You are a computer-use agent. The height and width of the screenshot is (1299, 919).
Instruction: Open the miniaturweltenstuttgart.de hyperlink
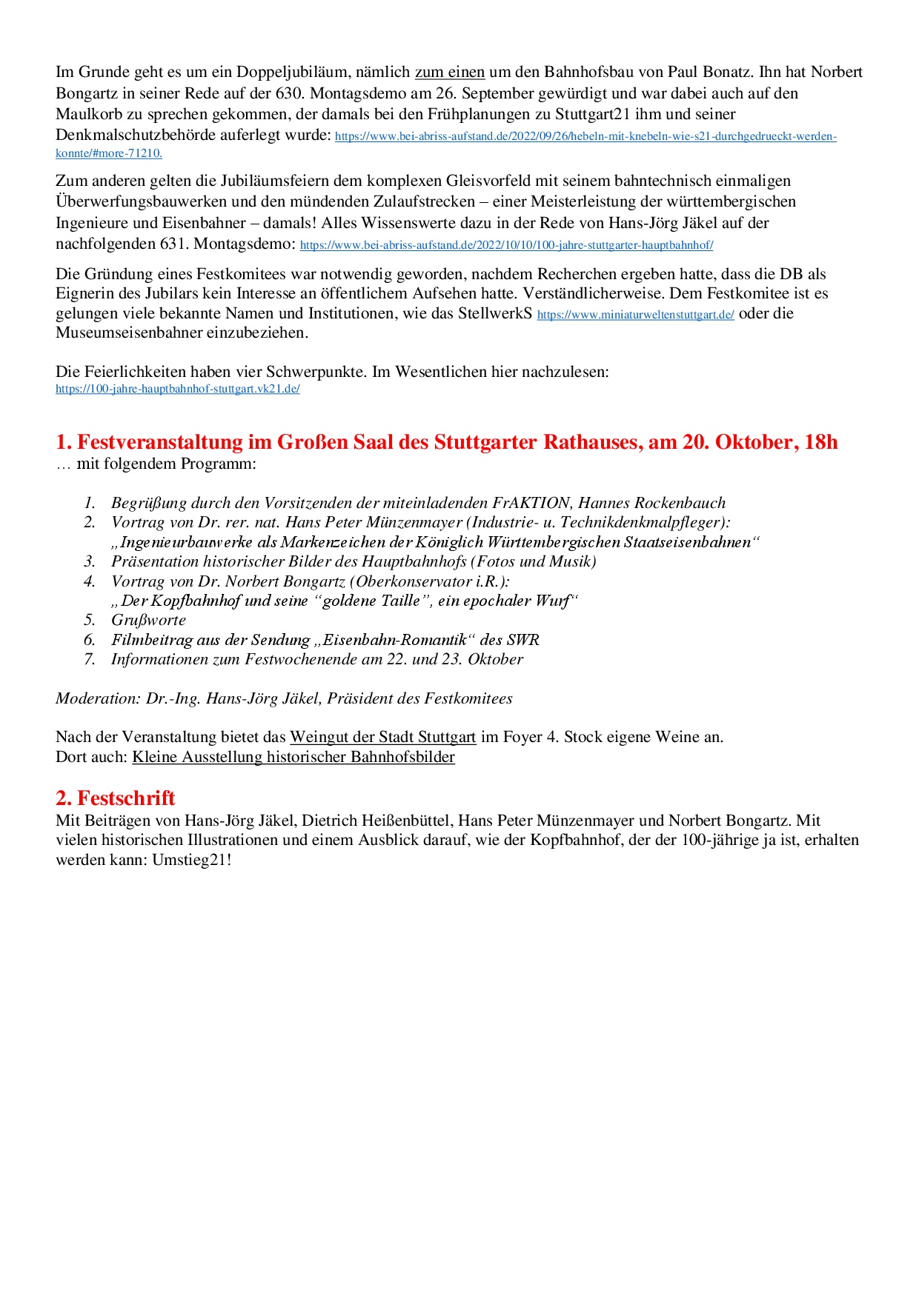click(x=635, y=315)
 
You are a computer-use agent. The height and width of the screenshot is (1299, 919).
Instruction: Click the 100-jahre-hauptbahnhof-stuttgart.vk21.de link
click(x=177, y=389)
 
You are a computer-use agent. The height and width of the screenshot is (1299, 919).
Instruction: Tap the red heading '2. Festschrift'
click(x=115, y=798)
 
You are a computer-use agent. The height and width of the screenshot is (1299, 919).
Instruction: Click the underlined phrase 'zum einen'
click(x=449, y=73)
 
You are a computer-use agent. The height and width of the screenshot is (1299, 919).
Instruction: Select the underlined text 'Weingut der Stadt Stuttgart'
click(x=382, y=737)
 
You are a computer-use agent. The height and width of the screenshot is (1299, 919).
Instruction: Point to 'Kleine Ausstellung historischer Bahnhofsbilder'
click(x=293, y=757)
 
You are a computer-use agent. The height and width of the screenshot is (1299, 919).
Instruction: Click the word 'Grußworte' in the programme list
click(x=148, y=620)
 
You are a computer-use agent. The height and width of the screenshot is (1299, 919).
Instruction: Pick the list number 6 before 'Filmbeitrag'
click(x=90, y=640)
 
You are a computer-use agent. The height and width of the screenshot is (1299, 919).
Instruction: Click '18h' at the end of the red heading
click(x=820, y=442)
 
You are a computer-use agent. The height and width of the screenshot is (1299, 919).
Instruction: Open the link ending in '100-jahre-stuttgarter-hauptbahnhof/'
click(x=506, y=245)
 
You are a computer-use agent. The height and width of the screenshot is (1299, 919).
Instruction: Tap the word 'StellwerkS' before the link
click(x=495, y=313)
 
